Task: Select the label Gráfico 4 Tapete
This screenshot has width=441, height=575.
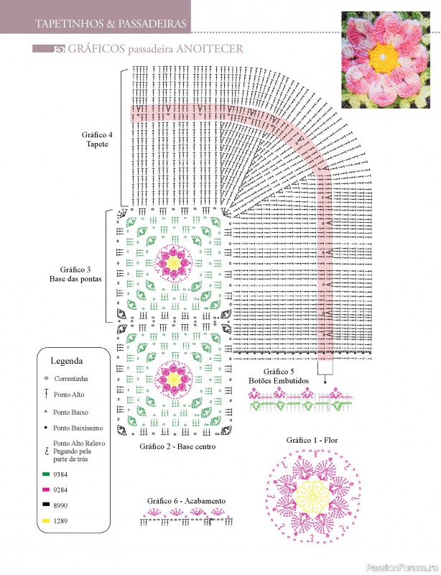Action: click(x=97, y=139)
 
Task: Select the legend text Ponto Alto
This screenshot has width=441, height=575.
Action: click(x=69, y=395)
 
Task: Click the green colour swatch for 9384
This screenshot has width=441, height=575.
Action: click(x=46, y=474)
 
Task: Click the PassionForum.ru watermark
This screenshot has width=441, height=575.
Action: click(x=411, y=567)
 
